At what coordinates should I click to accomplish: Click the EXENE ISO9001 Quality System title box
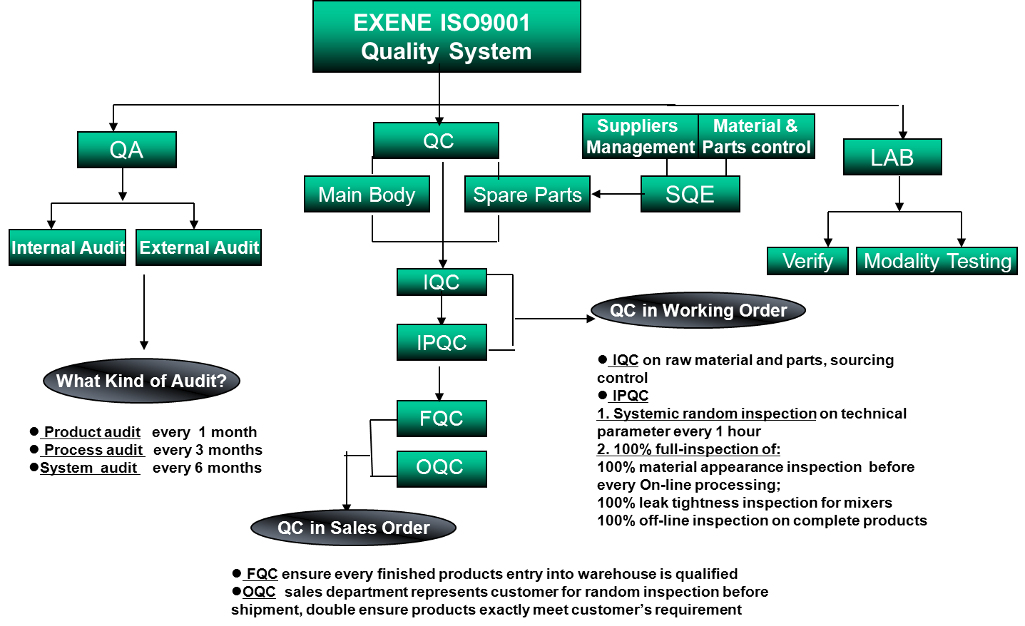tap(447, 36)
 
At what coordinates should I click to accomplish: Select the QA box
tap(127, 150)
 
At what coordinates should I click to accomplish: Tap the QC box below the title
tap(436, 140)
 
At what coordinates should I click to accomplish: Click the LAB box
tap(892, 157)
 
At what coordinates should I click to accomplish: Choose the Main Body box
tap(367, 194)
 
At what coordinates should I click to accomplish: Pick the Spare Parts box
tap(527, 194)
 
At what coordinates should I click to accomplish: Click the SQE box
tap(690, 194)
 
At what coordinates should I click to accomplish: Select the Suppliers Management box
tap(640, 136)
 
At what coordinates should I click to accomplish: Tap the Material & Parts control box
tap(756, 136)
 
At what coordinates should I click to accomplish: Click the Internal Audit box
tap(68, 247)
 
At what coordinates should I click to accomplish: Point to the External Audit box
tap(199, 247)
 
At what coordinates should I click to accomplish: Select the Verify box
tap(807, 261)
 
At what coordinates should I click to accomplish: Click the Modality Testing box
tap(937, 261)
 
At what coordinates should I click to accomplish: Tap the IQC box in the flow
tap(442, 282)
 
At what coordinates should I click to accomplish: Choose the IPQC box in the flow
tap(442, 342)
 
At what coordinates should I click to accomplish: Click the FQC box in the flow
tap(442, 418)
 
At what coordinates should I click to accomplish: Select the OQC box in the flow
tap(442, 468)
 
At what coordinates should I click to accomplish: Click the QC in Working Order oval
tap(698, 310)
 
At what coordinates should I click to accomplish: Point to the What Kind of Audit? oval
tap(141, 381)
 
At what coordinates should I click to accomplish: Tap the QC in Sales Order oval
tap(354, 528)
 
